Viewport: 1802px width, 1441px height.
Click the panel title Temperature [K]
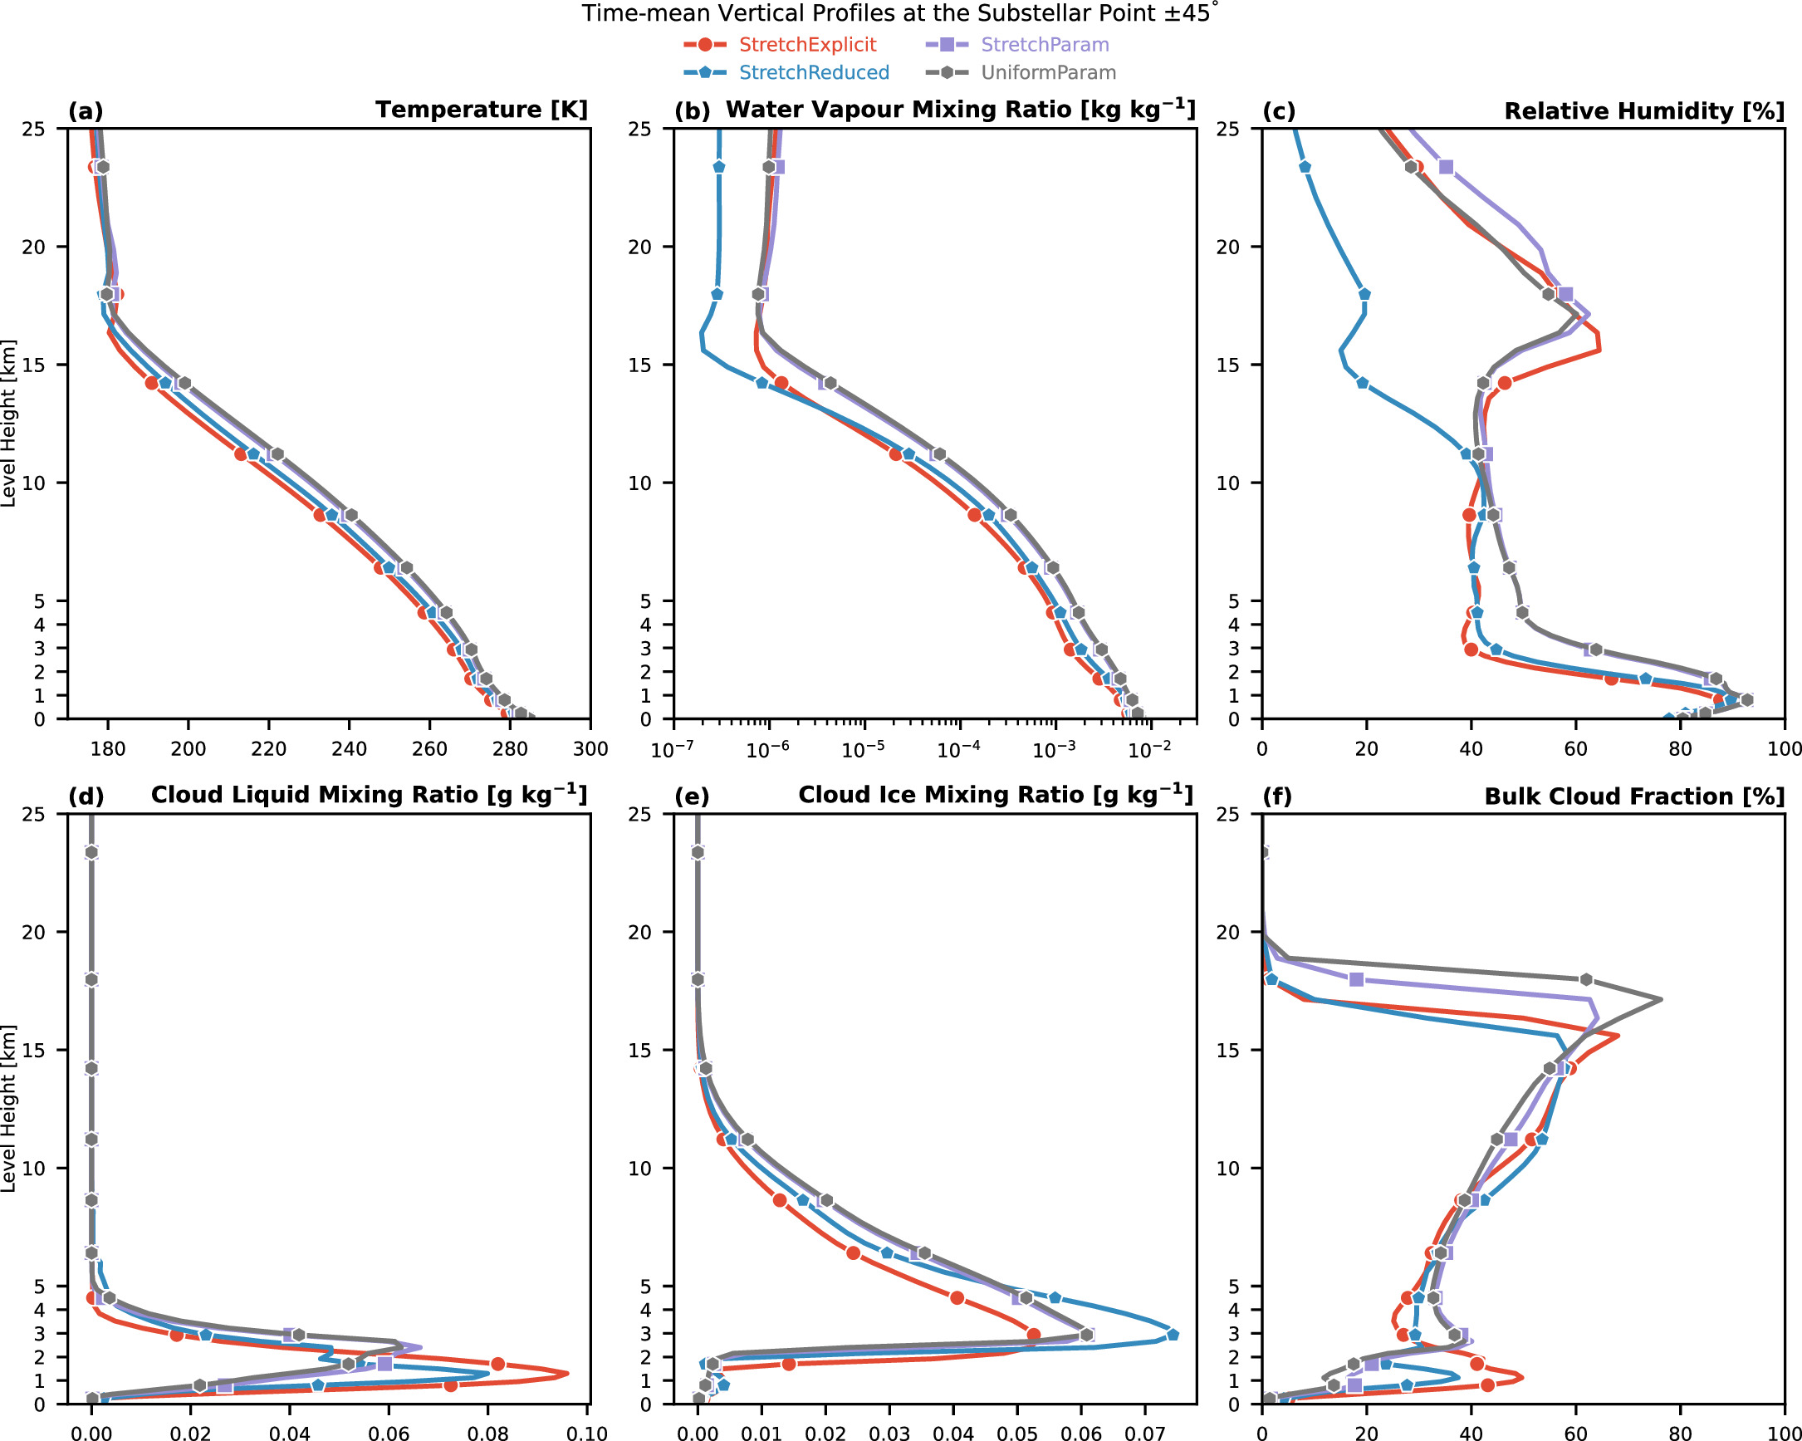pos(482,110)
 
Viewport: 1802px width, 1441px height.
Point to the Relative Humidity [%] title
pos(1644,111)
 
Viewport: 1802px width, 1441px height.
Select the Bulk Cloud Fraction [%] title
pos(1634,796)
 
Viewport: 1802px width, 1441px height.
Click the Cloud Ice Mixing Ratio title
pos(996,795)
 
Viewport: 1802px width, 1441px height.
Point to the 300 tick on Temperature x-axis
pos(591,749)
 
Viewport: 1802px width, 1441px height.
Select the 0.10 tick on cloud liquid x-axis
pos(588,1434)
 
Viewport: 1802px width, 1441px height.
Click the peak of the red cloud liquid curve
pos(567,1373)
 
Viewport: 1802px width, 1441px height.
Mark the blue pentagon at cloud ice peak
pos(1173,1335)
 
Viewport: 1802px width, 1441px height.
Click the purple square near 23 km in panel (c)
pos(1446,167)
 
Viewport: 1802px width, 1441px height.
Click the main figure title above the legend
pos(900,13)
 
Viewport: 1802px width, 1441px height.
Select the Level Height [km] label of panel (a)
pos(9,423)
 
